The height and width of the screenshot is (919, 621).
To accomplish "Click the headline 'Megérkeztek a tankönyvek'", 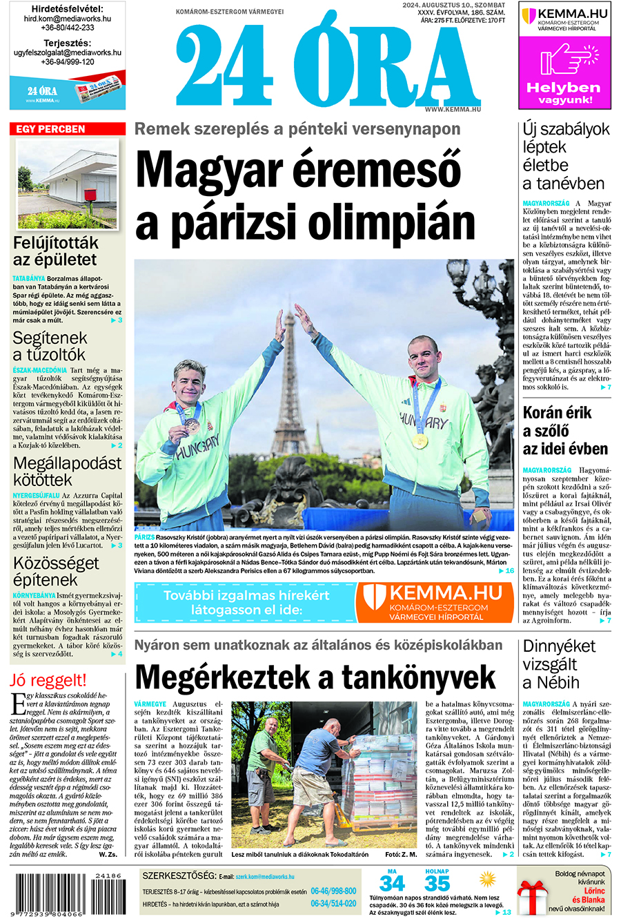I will tap(315, 676).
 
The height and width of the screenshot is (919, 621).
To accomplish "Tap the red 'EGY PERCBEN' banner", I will tap(67, 129).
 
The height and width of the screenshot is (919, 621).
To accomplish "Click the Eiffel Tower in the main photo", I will tap(290, 387).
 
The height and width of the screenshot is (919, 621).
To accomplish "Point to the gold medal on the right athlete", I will tap(420, 440).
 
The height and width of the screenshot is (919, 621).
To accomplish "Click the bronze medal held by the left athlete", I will tap(193, 426).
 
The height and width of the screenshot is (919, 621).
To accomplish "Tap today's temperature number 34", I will tap(392, 884).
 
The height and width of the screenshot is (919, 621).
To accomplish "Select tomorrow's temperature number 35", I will tap(437, 884).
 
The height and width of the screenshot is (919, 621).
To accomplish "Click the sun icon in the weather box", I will tap(488, 880).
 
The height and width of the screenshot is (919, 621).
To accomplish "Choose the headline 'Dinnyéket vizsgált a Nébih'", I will tap(559, 664).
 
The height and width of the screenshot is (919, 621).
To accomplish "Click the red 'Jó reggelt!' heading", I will tap(48, 679).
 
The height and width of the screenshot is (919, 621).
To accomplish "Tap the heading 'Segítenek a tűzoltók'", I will tap(50, 346).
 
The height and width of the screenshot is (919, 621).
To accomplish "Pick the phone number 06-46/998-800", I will tap(333, 891).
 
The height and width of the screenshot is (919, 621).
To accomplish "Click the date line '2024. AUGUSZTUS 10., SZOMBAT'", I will tap(453, 6).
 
